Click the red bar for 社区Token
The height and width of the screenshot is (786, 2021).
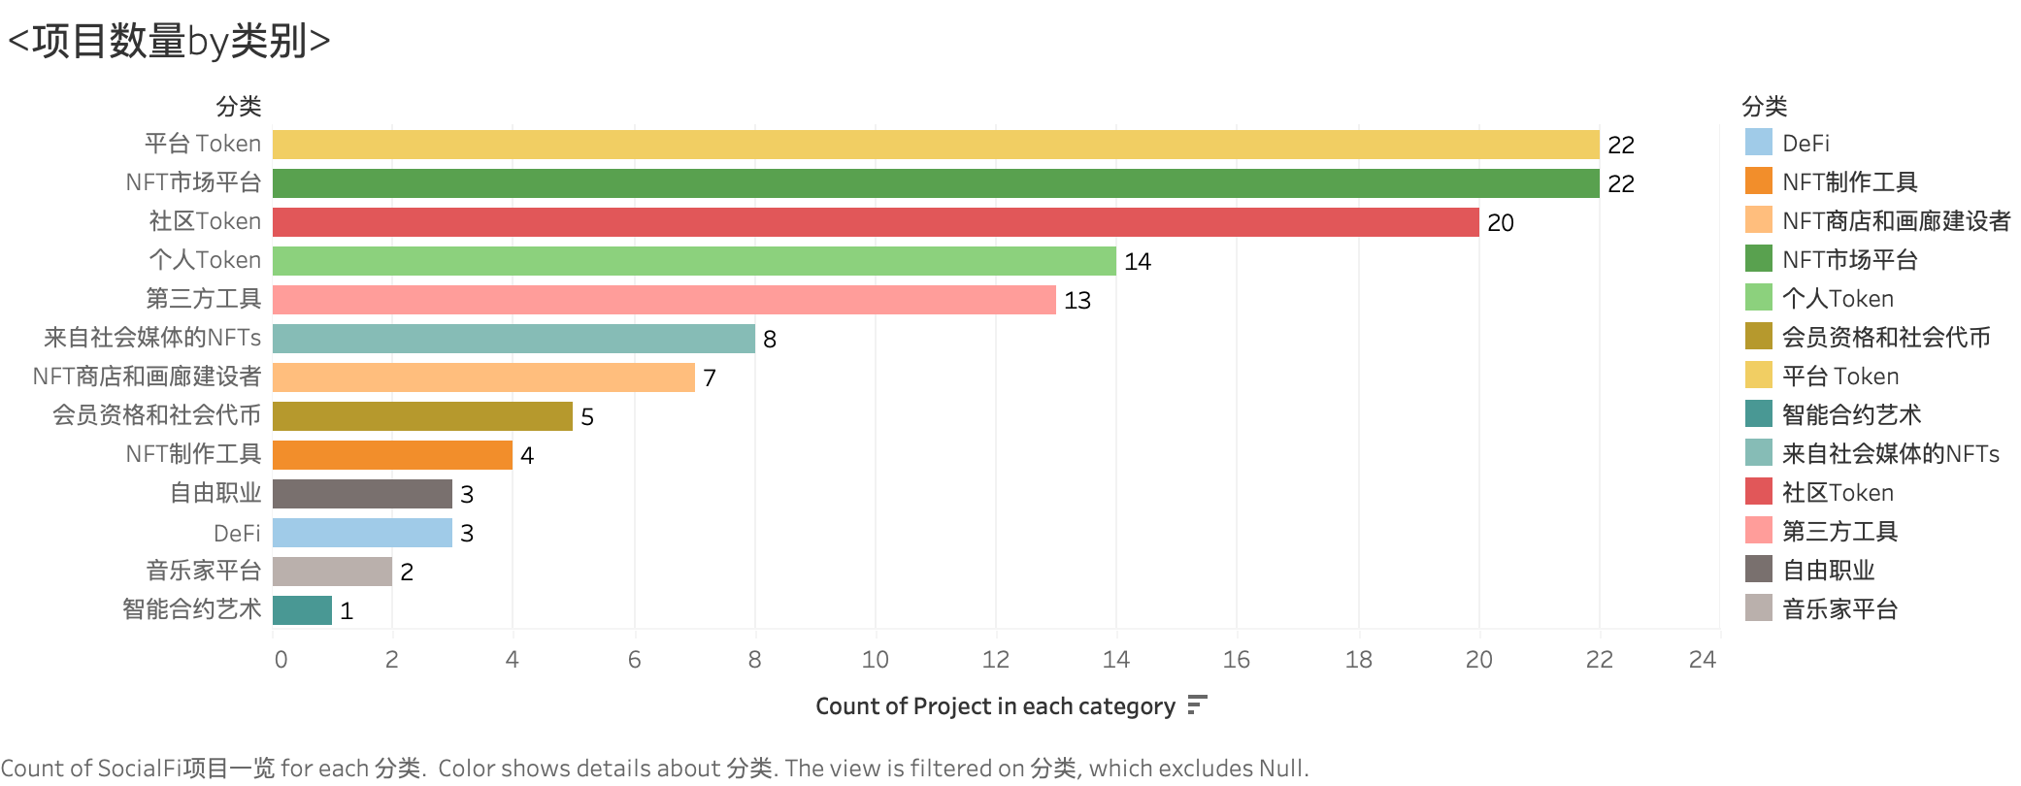[876, 222]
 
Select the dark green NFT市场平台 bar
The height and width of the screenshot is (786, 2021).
[936, 183]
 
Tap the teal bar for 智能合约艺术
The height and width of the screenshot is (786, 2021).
[302, 610]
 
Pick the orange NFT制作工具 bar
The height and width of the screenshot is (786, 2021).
[392, 455]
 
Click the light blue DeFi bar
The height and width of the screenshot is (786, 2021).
[362, 533]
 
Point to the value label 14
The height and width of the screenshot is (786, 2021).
[1137, 262]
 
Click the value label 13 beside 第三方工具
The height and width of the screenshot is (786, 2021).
[1077, 301]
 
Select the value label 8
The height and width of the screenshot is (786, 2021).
[770, 340]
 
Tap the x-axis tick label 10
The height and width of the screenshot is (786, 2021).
[875, 660]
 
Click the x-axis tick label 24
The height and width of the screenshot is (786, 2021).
[1702, 660]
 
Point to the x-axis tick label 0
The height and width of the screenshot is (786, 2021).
[281, 660]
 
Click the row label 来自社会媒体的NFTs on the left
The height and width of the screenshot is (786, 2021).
[152, 338]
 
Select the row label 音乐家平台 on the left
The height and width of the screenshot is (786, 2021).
[204, 571]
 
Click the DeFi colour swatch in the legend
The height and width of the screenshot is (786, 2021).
[1758, 143]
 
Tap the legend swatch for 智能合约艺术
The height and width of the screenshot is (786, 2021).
[1758, 414]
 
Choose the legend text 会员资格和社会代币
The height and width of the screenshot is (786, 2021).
[1885, 338]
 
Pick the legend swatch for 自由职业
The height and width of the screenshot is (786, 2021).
[1758, 570]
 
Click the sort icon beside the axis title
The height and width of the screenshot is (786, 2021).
[1197, 705]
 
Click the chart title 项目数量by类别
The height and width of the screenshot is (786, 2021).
[169, 41]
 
